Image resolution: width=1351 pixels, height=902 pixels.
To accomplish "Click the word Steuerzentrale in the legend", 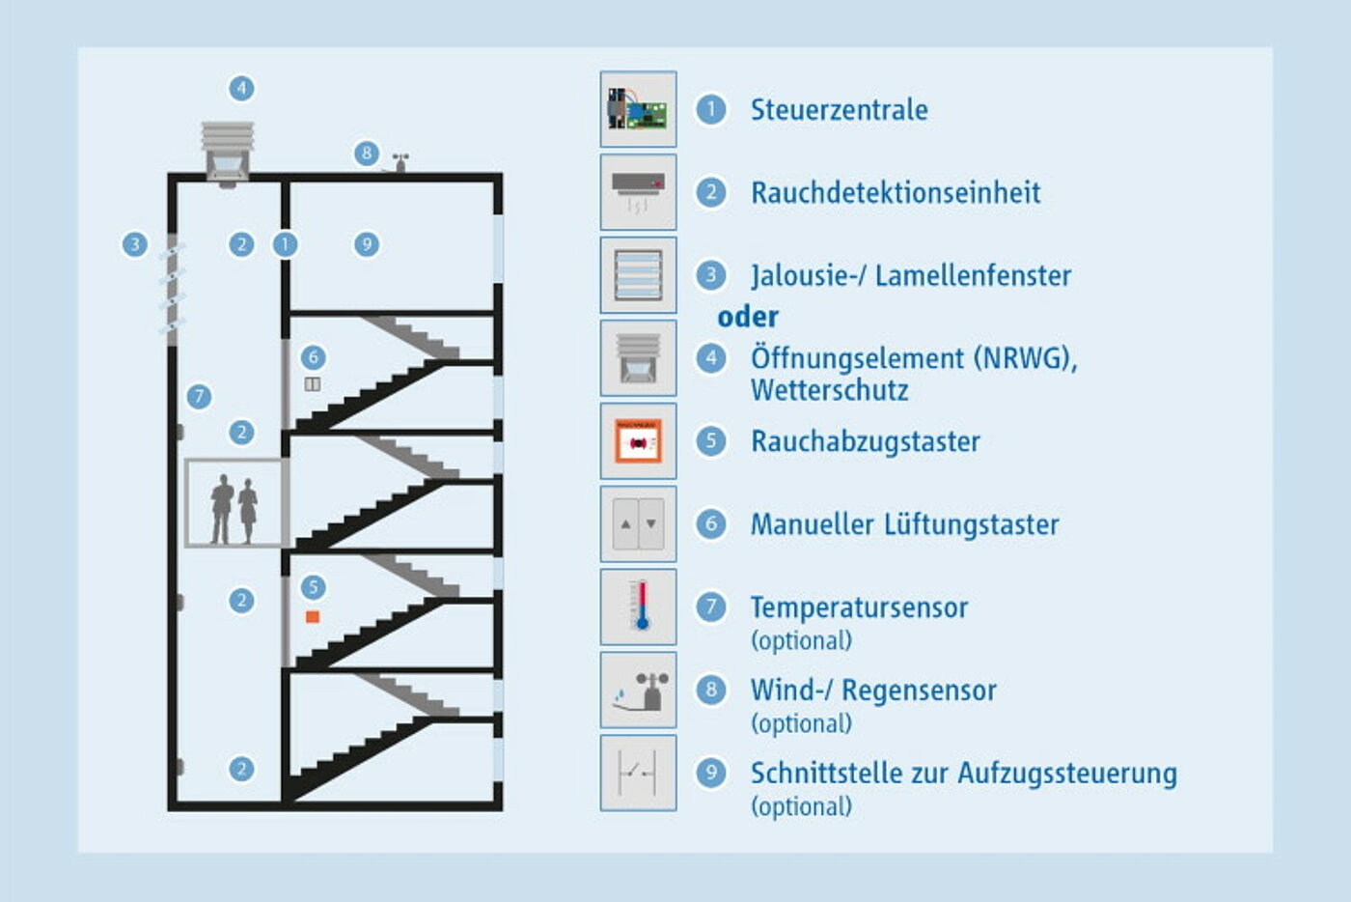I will point(839,110).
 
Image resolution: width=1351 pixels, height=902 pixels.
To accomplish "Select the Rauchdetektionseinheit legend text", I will point(896,193).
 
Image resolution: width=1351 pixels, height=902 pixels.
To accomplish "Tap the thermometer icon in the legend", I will point(639,606).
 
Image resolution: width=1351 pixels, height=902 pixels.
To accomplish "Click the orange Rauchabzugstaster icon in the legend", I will point(639,441).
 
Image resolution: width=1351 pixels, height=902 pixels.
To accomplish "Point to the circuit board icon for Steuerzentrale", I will point(639,109).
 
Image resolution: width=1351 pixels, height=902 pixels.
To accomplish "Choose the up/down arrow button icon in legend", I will point(639,524).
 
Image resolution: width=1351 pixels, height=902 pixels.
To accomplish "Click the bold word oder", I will point(748,317).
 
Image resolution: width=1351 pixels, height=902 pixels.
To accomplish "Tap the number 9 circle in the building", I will point(366,244).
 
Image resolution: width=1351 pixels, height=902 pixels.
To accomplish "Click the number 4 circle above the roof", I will point(241,89).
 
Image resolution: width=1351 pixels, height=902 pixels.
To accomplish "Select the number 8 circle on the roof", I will point(366,153).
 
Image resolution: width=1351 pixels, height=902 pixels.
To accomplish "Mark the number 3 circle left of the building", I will point(135,244).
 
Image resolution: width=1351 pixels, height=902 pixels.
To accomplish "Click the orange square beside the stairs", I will point(313,616).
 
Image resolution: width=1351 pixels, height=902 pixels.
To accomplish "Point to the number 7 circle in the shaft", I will point(199,396).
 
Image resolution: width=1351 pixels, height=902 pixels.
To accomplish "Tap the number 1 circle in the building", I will point(285,244).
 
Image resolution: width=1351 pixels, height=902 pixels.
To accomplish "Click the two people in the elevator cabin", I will point(234,509).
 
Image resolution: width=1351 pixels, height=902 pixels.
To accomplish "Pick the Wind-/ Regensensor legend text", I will point(873,691).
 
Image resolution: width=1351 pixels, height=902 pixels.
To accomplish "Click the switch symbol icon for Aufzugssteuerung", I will point(639,773).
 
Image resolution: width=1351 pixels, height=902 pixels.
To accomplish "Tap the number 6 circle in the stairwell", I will point(313,357).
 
